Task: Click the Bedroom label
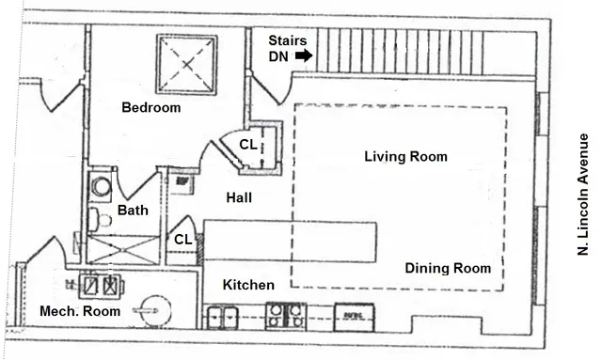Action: (x=150, y=108)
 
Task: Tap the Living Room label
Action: (x=405, y=157)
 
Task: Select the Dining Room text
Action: (x=448, y=269)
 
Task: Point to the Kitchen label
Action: (x=248, y=285)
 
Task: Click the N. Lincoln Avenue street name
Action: (x=583, y=194)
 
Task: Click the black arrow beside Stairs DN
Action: (x=303, y=56)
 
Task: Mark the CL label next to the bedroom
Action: (x=247, y=145)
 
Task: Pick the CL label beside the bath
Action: (x=182, y=240)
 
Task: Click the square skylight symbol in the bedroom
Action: (x=186, y=64)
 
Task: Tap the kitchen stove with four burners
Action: (x=285, y=315)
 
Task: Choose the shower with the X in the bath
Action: (x=124, y=249)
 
